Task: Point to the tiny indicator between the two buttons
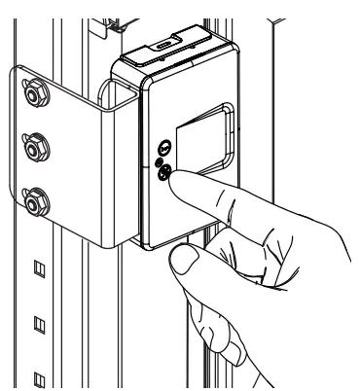(162, 164)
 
